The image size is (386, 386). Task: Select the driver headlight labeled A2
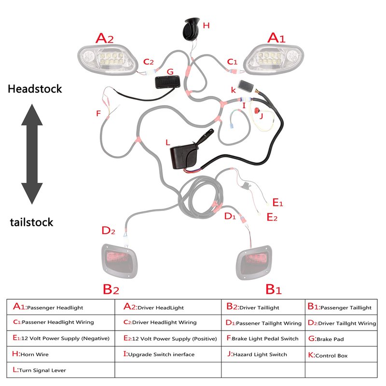107,59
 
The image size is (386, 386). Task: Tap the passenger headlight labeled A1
274,59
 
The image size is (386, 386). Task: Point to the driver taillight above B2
119,261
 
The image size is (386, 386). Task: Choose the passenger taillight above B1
254,262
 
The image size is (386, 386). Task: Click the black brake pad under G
167,82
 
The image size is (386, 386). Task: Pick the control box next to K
246,86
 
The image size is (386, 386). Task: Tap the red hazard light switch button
257,111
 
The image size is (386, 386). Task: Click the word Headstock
35,89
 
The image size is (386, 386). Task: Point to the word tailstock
31,222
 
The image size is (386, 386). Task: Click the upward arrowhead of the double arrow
32,115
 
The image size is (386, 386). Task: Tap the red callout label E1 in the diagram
278,203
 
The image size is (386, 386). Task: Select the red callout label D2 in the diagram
108,231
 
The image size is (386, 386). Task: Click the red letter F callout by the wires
98,113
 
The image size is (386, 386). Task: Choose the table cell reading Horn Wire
61,354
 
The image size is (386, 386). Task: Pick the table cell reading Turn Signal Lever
61,370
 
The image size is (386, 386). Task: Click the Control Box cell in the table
341,355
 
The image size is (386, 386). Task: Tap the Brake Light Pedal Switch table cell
263,339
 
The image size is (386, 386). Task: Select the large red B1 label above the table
274,289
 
